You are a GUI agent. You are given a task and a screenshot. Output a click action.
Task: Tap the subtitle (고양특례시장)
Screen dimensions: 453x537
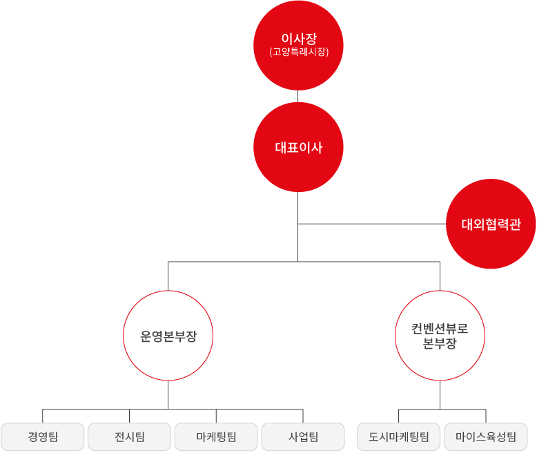(298, 52)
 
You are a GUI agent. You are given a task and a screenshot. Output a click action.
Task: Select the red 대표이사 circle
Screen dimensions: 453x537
(298, 147)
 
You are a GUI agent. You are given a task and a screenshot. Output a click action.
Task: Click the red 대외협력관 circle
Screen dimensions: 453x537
(491, 224)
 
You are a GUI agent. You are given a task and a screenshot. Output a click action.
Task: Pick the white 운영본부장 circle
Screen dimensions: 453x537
(168, 336)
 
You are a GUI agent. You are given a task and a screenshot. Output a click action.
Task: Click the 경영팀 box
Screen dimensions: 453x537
(43, 436)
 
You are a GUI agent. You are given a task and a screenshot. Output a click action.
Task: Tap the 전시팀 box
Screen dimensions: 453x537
(129, 436)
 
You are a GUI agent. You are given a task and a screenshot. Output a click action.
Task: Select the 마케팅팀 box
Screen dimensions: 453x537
(216, 436)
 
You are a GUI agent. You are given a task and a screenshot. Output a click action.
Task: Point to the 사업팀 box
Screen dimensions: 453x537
(302, 436)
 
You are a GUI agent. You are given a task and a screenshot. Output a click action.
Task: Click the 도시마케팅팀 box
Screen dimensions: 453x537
(398, 436)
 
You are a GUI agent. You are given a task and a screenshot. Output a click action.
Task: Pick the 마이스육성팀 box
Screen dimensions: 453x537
(485, 436)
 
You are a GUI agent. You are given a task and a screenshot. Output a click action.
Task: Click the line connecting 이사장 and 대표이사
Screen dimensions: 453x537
(298, 96)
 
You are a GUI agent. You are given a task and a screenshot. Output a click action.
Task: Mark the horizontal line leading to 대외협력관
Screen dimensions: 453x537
(373, 224)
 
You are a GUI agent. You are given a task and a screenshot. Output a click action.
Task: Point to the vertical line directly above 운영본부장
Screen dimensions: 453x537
(168, 276)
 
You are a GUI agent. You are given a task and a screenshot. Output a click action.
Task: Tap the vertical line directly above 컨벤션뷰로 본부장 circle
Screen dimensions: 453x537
(440, 276)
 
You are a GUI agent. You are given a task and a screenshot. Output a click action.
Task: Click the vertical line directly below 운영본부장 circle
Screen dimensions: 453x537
(168, 395)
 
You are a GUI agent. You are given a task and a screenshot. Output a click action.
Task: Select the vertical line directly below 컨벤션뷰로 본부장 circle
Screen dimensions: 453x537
(440, 395)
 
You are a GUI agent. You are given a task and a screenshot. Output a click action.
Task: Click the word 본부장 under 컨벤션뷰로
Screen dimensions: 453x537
(440, 344)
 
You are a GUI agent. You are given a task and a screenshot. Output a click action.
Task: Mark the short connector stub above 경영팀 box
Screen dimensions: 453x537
(43, 416)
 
